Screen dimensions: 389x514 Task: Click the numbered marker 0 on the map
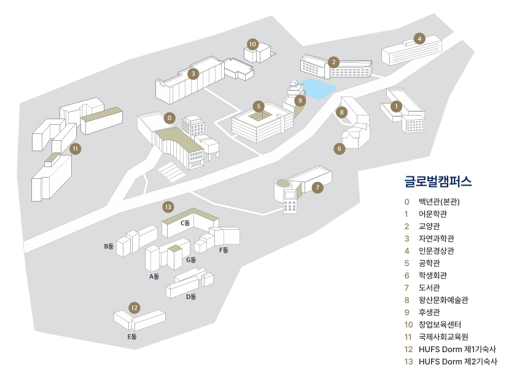(170, 117)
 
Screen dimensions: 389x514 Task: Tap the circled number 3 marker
(193, 74)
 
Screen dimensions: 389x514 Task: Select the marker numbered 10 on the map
(252, 44)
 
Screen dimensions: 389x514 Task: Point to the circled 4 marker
(419, 39)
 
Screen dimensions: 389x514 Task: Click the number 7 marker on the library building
(317, 187)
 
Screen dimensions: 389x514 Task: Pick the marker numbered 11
(75, 148)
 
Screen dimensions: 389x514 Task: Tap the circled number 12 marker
(134, 307)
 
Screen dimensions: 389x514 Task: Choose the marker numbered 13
(168, 206)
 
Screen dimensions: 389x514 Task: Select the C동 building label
(185, 223)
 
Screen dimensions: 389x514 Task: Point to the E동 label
(131, 337)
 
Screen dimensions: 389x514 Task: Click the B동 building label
(109, 246)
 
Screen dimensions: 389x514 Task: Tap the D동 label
(191, 297)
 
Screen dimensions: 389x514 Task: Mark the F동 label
(224, 250)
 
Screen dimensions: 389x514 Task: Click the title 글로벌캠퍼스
(438, 181)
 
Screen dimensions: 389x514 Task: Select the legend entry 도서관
(429, 288)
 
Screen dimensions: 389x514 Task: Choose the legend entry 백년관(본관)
(439, 201)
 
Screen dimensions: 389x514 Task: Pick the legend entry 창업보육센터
(440, 324)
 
